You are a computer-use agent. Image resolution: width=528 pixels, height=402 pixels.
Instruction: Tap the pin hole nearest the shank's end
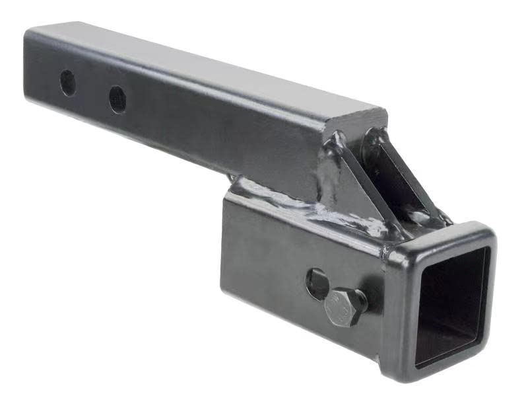68,83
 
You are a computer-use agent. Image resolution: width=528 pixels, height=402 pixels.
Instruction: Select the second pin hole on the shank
117,99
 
